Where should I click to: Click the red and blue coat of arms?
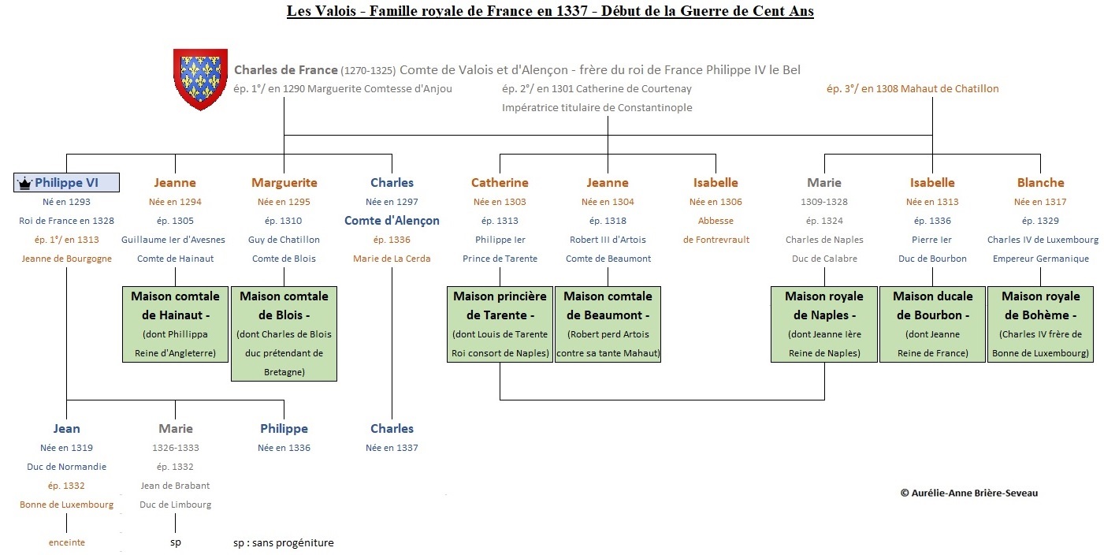200,79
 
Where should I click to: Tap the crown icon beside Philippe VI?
24,184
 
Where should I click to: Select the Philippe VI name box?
66,182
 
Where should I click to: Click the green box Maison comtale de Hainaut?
175,324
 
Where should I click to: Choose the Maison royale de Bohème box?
1040,324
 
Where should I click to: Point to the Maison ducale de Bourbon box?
932,324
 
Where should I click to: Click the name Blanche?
1040,182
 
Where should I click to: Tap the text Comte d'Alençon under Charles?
392,220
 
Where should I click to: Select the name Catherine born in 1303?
500,182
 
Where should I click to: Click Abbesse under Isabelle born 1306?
716,221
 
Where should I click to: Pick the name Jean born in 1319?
66,428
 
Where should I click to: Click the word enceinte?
66,542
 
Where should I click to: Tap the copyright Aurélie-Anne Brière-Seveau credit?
969,493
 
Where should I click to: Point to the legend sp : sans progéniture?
284,542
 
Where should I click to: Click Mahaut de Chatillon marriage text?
913,89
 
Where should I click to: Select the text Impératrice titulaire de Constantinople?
597,107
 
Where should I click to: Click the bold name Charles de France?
286,70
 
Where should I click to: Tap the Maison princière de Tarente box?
500,324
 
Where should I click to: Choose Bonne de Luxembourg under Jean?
66,505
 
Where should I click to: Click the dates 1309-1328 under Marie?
824,202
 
